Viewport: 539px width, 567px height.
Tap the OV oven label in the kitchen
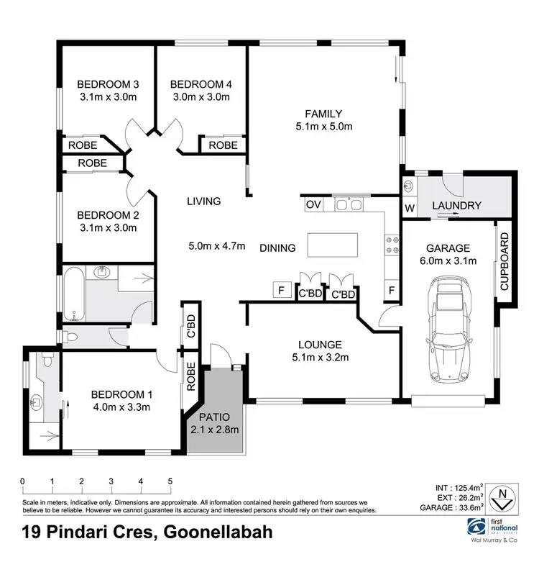[x=313, y=205]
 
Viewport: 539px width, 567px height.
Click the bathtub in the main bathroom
[x=74, y=294]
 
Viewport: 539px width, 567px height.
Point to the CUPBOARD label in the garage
[x=505, y=261]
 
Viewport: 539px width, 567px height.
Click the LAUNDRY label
[x=456, y=207]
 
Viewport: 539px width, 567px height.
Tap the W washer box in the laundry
[x=410, y=209]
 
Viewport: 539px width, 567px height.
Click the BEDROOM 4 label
[x=201, y=83]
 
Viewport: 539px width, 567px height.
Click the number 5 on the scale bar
[x=170, y=481]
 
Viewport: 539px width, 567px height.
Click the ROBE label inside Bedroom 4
[x=223, y=145]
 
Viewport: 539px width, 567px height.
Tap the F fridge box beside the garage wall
[x=392, y=291]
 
